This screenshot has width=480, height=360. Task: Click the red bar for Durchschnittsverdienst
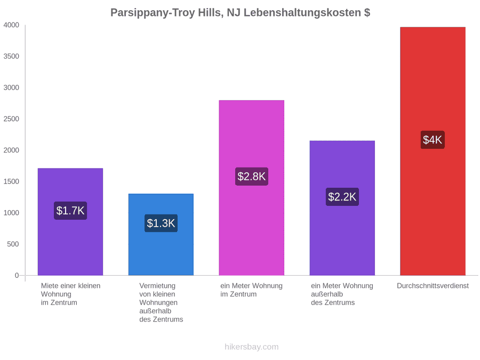(433, 151)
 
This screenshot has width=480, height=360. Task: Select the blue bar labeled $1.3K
(161, 235)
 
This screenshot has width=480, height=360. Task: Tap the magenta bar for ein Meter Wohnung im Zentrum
(252, 188)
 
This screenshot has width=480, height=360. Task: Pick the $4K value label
(433, 140)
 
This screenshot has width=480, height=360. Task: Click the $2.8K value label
(252, 177)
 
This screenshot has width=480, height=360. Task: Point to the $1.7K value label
(70, 211)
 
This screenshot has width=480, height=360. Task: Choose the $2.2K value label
(342, 197)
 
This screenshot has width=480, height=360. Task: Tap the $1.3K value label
(161, 223)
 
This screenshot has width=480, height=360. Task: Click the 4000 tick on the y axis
(11, 25)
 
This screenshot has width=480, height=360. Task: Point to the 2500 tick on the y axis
(11, 119)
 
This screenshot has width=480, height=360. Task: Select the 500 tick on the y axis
(13, 244)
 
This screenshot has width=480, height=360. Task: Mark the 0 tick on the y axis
(17, 276)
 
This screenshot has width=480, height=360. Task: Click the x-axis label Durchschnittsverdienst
(433, 286)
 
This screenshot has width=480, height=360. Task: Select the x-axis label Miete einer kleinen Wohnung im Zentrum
(71, 294)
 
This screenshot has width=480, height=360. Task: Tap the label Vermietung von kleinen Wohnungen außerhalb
(158, 299)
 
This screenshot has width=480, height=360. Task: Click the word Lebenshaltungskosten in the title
(302, 13)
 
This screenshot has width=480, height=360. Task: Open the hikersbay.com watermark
(252, 347)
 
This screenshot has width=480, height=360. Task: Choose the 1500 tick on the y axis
(11, 181)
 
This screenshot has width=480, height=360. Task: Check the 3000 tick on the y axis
(11, 87)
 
